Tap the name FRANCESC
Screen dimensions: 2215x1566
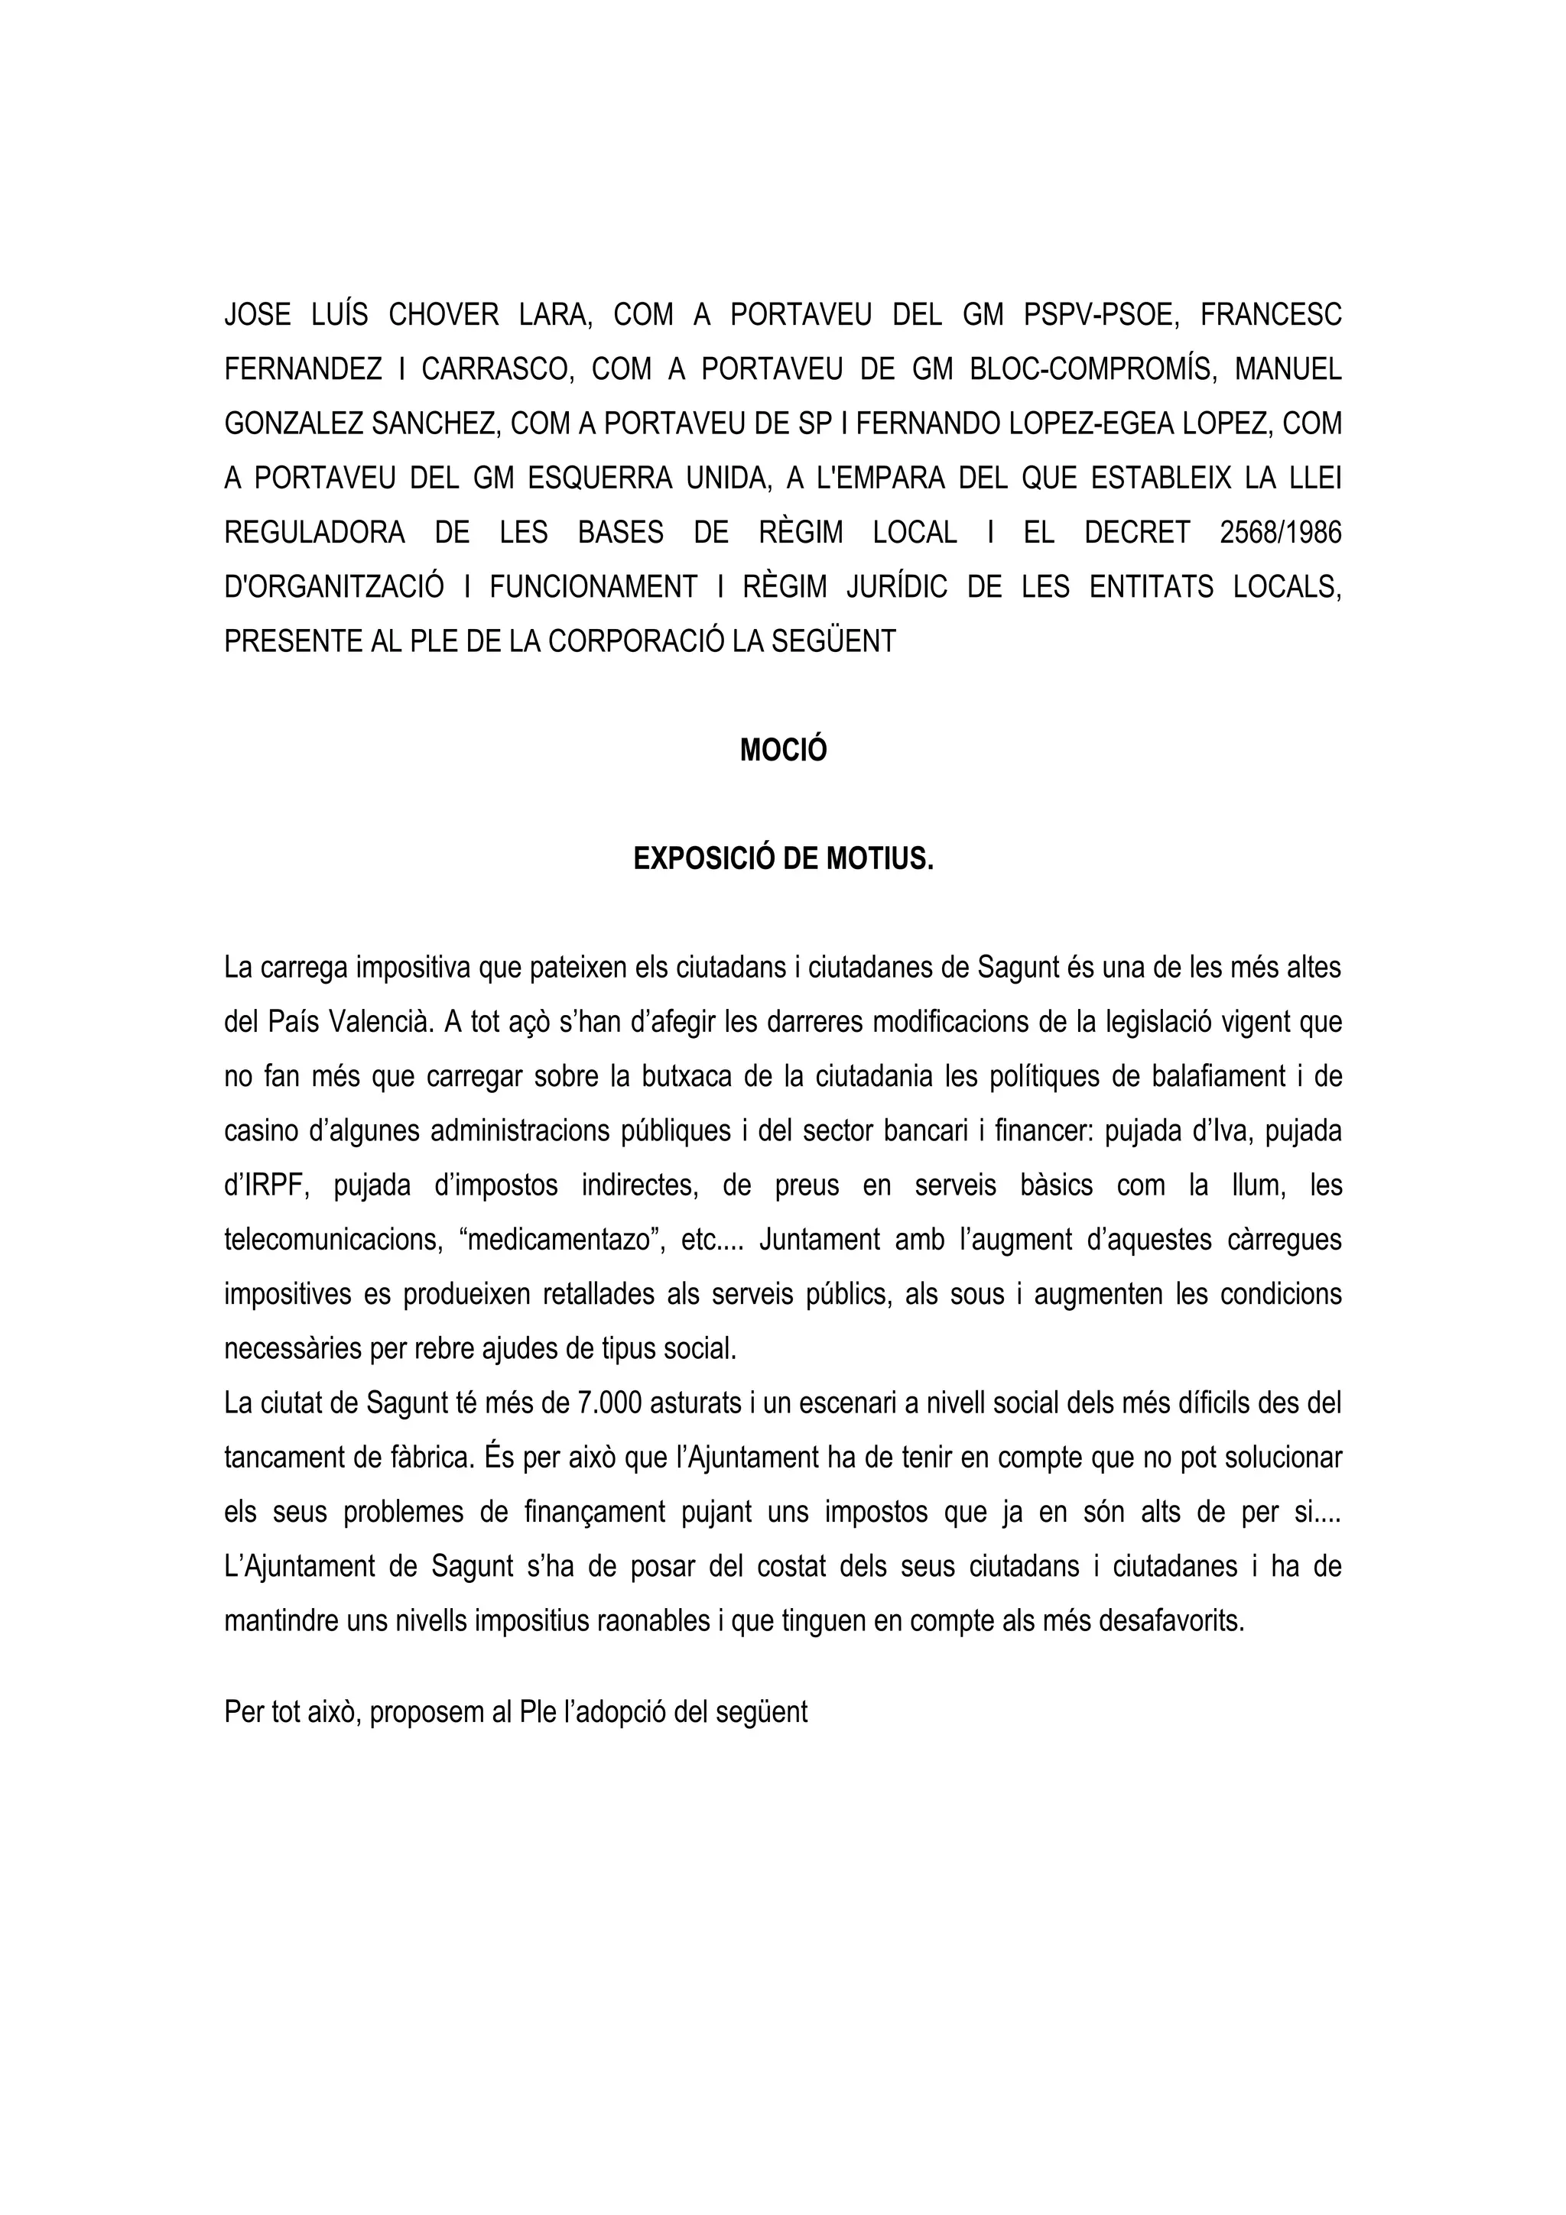[1271, 316]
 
